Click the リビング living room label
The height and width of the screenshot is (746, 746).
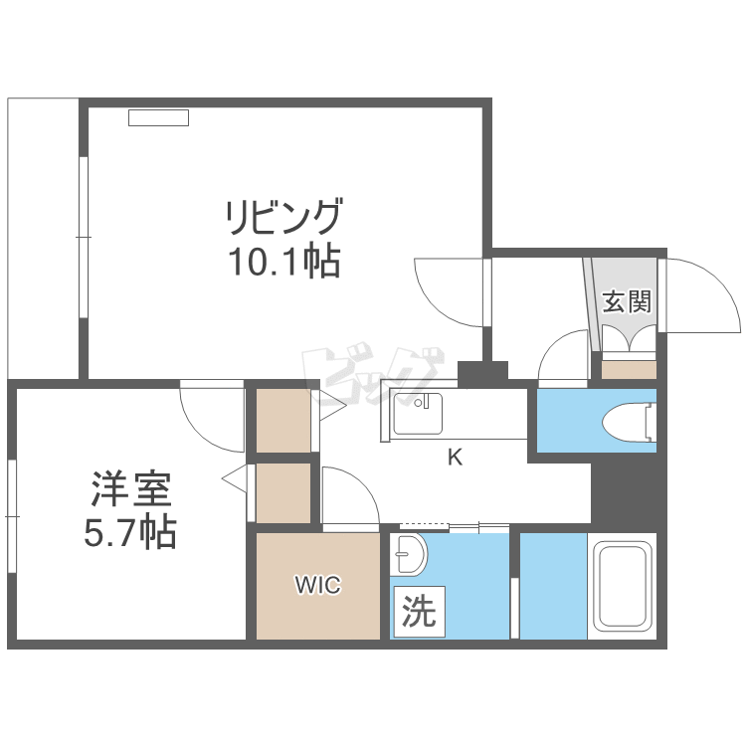(x=284, y=217)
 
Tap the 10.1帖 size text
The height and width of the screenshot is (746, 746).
(x=284, y=262)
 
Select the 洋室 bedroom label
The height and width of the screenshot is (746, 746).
(x=131, y=488)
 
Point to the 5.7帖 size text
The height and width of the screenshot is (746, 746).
(x=130, y=532)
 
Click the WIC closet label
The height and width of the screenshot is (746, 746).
(x=318, y=585)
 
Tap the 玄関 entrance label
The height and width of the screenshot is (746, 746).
(x=627, y=301)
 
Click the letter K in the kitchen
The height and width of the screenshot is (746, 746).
(x=456, y=458)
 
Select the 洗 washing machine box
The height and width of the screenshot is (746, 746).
(x=419, y=612)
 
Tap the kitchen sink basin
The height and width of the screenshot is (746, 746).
(x=417, y=414)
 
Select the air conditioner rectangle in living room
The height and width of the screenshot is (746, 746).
(x=158, y=117)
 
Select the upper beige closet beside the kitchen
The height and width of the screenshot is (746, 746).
(x=283, y=421)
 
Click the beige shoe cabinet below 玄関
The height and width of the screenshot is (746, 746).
(x=629, y=370)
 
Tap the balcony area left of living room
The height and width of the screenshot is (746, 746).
(x=43, y=239)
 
